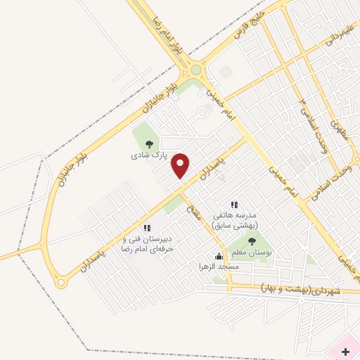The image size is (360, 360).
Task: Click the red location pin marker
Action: click(x=181, y=165)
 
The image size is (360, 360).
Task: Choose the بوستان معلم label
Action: click(x=252, y=252)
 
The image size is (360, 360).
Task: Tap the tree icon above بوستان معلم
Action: click(x=252, y=242)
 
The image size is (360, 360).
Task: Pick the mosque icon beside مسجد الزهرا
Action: click(x=219, y=256)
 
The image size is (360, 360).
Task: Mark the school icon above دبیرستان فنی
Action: click(x=147, y=228)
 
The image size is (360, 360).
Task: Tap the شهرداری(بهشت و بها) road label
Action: click(x=300, y=290)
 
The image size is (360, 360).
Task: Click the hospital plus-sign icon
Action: click(x=345, y=349)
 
